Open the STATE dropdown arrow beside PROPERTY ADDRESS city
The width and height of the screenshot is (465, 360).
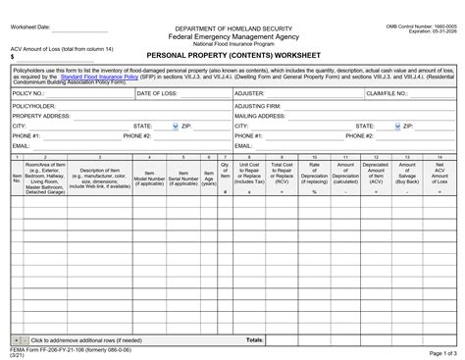tap(175, 127)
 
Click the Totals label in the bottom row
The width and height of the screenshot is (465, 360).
tap(253, 312)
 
